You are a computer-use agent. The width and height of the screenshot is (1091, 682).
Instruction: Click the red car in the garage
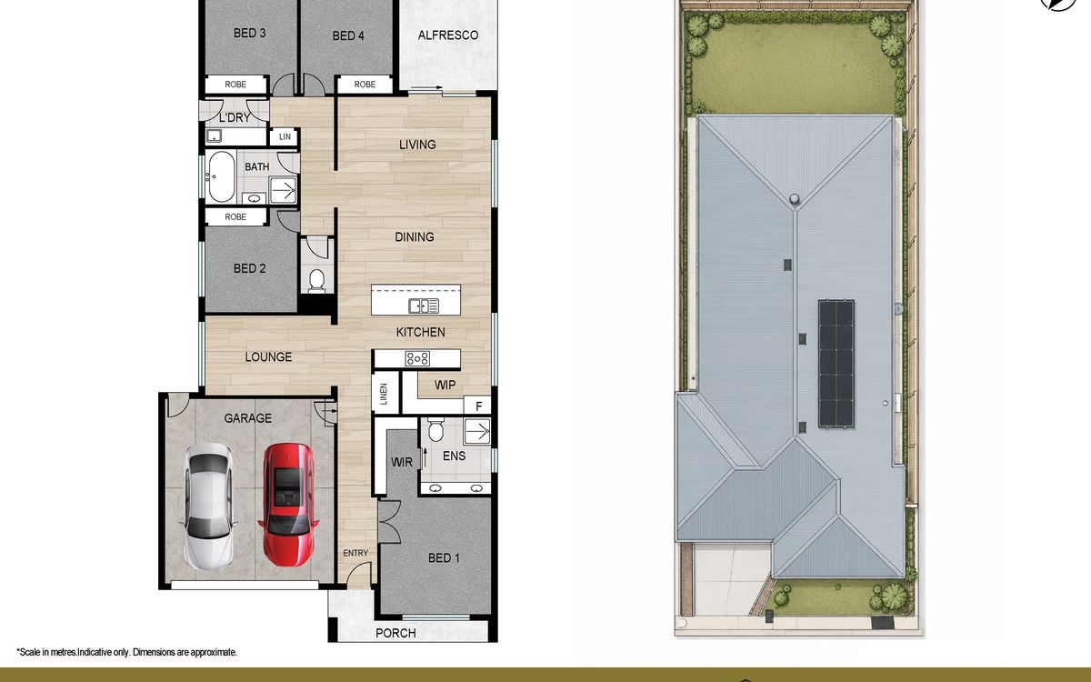[x=288, y=505]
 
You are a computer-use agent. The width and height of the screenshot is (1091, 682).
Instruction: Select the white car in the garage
[x=208, y=507]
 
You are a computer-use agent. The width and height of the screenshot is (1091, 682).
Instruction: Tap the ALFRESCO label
[x=447, y=35]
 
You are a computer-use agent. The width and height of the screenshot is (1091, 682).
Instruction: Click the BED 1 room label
[x=444, y=557]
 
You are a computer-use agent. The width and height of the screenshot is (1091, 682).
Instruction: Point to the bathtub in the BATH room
[x=221, y=176]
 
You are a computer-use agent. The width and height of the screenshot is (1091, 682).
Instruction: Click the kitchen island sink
[x=424, y=306]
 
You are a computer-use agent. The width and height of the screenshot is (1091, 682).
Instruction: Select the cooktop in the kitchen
[x=417, y=358]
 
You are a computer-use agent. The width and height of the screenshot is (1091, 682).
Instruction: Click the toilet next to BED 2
[x=316, y=281]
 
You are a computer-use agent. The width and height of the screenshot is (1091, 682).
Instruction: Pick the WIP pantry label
[x=445, y=386]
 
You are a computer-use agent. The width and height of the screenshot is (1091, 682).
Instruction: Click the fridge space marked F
[x=478, y=406]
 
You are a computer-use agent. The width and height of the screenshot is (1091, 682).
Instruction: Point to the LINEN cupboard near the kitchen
[x=385, y=394]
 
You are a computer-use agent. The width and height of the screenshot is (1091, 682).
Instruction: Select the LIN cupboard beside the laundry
[x=285, y=137]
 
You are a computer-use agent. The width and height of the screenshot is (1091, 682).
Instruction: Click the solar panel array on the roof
[x=836, y=364]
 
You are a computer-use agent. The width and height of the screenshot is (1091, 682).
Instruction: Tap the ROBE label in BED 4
[x=365, y=85]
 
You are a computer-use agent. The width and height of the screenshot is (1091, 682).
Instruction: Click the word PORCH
[x=395, y=633]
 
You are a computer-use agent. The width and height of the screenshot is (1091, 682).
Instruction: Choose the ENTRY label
[x=355, y=553]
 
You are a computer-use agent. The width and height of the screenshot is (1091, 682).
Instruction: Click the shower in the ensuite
[x=476, y=431]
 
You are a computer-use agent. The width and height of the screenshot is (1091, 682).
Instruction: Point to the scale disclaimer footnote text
[x=126, y=652]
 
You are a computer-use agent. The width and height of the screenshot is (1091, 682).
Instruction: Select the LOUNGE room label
[x=268, y=357]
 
